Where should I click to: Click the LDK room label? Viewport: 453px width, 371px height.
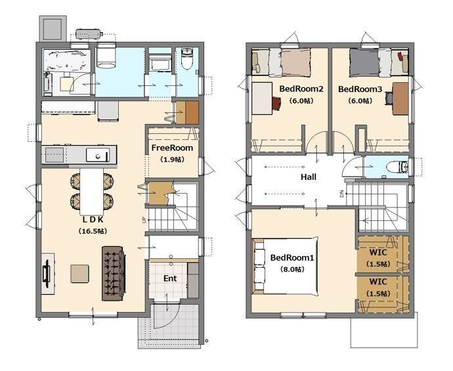pos(93,219)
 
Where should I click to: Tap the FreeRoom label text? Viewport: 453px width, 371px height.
pos(172,148)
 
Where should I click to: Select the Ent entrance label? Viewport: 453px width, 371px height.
pos(170,278)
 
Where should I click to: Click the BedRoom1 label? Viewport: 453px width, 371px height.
pos(291,257)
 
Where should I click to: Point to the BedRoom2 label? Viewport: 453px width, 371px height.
pos(301,89)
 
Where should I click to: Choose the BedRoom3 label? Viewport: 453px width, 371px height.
pos(360,89)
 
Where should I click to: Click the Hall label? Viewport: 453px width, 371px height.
pos(309,177)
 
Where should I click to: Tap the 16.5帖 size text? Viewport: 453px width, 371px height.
pos(93,231)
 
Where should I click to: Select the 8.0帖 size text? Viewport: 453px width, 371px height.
pos(292,269)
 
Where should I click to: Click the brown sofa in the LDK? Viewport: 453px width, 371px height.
pos(114,273)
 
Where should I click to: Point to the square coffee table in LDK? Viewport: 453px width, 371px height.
pos(79,274)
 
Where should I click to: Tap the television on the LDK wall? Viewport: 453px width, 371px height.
pos(46,274)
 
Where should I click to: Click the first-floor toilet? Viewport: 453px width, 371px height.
pos(186,58)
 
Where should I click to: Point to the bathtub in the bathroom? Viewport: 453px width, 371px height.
pos(67,60)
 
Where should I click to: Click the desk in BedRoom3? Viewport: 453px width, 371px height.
pos(400,98)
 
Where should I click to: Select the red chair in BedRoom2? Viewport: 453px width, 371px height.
pos(277,103)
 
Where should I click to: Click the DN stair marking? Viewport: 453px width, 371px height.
pos(342,194)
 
